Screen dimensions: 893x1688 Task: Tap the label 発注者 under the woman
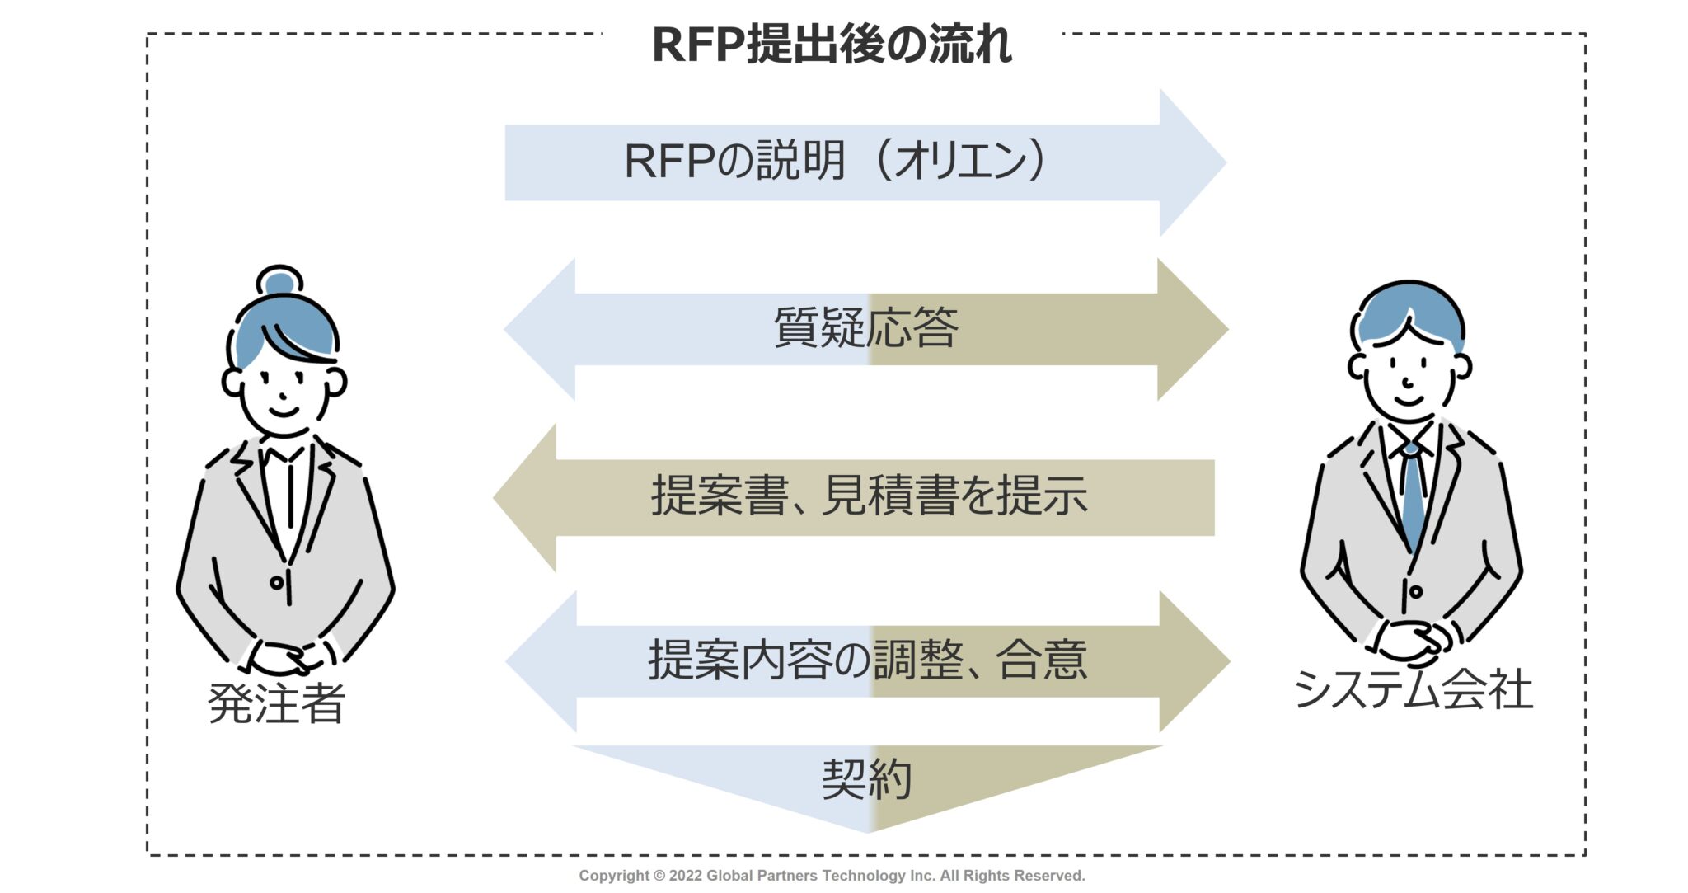(x=276, y=703)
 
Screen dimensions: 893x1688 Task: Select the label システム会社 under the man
(x=1413, y=689)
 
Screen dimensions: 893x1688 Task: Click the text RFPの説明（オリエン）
(x=834, y=161)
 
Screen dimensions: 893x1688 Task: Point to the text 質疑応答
(x=865, y=328)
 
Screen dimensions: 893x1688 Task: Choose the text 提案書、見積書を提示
(x=869, y=496)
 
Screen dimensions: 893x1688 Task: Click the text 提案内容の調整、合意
(x=867, y=660)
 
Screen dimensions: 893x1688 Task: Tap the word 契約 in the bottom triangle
(x=866, y=778)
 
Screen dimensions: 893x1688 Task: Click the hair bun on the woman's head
(x=279, y=282)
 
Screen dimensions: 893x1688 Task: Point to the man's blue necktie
(x=1413, y=495)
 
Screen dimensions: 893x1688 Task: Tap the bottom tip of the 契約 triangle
(x=868, y=827)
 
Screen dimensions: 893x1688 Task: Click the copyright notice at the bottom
(x=831, y=876)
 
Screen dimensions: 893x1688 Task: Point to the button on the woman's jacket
(x=277, y=583)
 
